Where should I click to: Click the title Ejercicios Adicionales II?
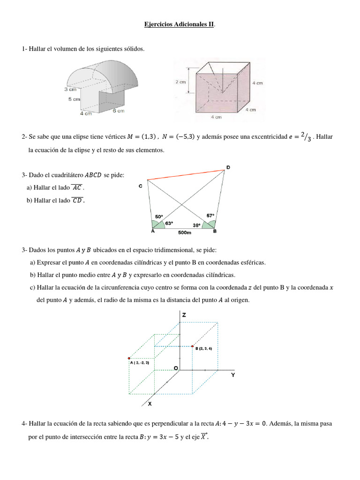[x=179, y=24]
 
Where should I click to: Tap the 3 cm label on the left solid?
[x=71, y=89]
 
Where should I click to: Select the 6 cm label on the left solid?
[x=118, y=111]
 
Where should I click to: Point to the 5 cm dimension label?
[x=74, y=99]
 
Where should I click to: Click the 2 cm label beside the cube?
[x=180, y=82]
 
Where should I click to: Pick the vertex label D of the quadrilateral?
[x=228, y=167]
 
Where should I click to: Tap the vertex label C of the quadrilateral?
[x=141, y=186]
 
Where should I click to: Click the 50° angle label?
[x=159, y=216]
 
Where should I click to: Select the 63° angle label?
[x=169, y=223]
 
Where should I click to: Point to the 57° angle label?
[x=210, y=216]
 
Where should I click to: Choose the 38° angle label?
[x=197, y=225]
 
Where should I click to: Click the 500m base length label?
[x=185, y=232]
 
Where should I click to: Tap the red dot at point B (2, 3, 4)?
[x=192, y=346]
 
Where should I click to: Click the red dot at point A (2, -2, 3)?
[x=129, y=358]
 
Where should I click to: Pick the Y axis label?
[x=233, y=375]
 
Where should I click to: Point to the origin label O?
[x=176, y=368]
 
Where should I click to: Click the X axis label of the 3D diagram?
[x=150, y=403]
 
